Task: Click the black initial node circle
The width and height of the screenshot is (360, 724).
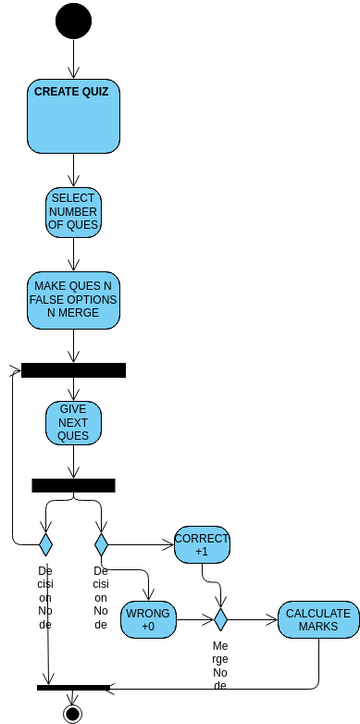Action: (73, 20)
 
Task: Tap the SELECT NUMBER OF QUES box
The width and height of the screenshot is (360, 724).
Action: (73, 212)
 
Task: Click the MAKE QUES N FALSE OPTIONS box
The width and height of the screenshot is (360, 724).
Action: (73, 299)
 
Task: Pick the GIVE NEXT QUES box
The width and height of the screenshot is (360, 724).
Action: (73, 423)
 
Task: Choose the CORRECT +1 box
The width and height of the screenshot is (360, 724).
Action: (202, 545)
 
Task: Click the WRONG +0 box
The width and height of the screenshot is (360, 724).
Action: (148, 620)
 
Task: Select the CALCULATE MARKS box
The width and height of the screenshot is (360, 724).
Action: (318, 620)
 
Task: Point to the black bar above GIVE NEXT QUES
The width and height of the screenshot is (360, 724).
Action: (73, 370)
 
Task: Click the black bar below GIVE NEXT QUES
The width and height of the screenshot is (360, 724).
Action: (73, 485)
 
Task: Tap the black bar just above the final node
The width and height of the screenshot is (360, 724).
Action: (73, 688)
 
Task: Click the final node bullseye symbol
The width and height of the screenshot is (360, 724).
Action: (72, 713)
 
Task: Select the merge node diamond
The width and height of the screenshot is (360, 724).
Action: (220, 620)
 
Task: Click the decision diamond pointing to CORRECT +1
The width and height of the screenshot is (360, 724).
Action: (101, 545)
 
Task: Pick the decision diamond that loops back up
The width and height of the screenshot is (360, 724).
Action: (45, 545)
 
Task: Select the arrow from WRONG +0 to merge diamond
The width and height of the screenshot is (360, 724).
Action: (194, 620)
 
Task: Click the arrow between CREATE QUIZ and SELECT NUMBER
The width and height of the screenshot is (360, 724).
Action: (73, 170)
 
